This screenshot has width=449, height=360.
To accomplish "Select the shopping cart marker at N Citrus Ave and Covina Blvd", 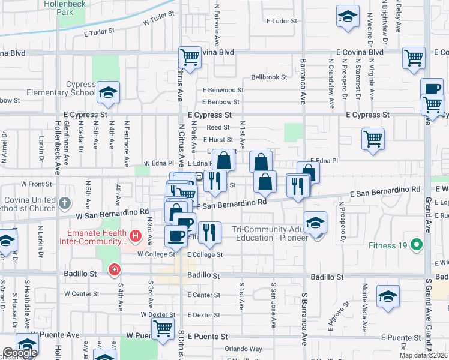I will (x=190, y=58).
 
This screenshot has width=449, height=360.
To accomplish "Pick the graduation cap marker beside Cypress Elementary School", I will (x=108, y=92).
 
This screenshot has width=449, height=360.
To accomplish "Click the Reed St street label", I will (x=218, y=127).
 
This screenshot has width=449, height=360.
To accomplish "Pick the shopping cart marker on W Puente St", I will (x=162, y=329).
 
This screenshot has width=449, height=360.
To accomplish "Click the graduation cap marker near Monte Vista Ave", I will (x=388, y=296).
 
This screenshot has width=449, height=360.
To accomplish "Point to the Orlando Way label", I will (x=243, y=349).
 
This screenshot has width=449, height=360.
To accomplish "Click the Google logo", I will (x=20, y=353).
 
